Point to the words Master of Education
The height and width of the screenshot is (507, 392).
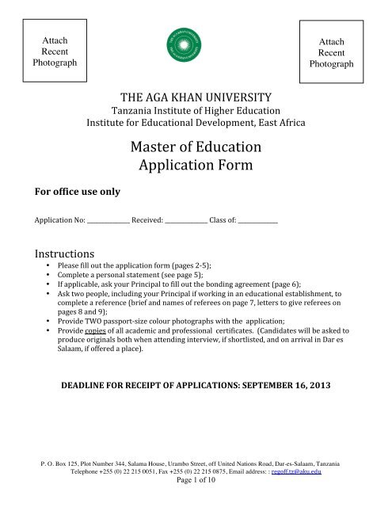pos(196,147)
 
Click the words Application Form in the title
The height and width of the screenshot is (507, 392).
pos(196,167)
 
